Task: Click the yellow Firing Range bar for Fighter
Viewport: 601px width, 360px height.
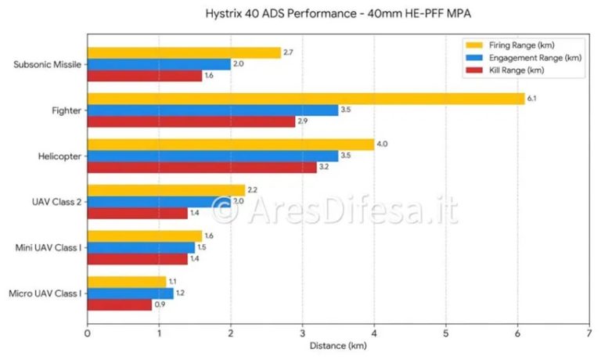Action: click(306, 99)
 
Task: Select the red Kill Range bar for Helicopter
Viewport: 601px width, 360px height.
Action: click(203, 167)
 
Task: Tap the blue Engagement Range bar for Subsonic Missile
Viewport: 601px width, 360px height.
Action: click(159, 64)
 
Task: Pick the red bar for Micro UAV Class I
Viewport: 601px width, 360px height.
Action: click(120, 304)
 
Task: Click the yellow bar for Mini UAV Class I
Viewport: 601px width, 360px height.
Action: click(145, 236)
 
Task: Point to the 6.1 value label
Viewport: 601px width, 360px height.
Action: click(531, 99)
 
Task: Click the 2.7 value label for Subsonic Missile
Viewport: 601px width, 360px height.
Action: click(288, 52)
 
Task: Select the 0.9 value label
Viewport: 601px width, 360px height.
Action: click(160, 304)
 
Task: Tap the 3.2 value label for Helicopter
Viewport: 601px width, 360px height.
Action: click(324, 167)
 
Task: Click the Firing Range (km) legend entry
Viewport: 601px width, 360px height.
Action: click(510, 45)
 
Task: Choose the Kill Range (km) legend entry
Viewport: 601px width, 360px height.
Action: click(505, 70)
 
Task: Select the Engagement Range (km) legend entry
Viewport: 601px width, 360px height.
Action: click(524, 58)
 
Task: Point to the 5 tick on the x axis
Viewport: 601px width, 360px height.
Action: click(446, 333)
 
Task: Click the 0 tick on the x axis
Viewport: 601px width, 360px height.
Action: click(88, 333)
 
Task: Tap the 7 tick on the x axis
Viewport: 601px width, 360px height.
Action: click(589, 333)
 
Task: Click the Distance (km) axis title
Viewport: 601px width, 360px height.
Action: click(338, 346)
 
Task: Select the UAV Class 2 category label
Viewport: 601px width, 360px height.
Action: click(56, 202)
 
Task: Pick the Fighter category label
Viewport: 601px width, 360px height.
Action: click(67, 111)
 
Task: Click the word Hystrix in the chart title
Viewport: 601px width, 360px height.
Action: click(222, 14)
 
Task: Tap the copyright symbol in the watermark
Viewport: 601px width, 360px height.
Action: click(225, 210)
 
